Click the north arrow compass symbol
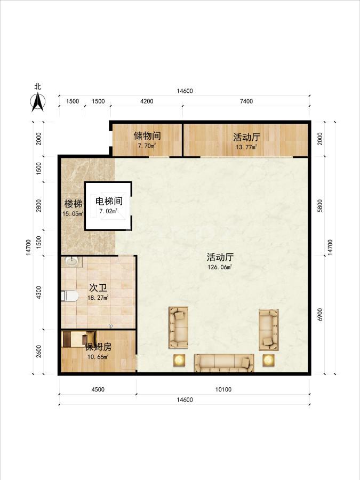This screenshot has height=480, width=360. click(x=38, y=102)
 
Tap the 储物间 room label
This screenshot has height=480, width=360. click(x=147, y=135)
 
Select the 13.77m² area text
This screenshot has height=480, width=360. click(x=246, y=147)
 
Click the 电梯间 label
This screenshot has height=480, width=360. click(x=109, y=201)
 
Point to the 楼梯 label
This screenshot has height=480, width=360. click(x=73, y=204)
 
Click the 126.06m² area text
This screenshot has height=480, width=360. click(x=220, y=267)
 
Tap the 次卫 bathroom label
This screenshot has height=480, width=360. click(x=98, y=288)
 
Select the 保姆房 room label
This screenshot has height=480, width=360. click(x=98, y=347)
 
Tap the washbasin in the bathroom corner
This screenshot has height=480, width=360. click(x=71, y=261)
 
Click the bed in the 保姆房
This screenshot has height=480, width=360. click(x=79, y=339)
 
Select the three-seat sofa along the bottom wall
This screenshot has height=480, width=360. click(x=224, y=363)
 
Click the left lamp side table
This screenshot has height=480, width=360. click(x=179, y=361)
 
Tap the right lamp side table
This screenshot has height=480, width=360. click(x=268, y=361)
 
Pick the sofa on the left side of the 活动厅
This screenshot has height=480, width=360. click(x=179, y=327)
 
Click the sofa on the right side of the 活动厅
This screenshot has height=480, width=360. click(x=269, y=330)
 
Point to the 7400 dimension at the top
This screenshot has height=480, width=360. click(x=246, y=101)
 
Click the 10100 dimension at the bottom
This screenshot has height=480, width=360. click(x=223, y=389)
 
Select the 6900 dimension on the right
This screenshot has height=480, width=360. click(x=320, y=314)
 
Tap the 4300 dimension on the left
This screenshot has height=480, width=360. click(x=38, y=292)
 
